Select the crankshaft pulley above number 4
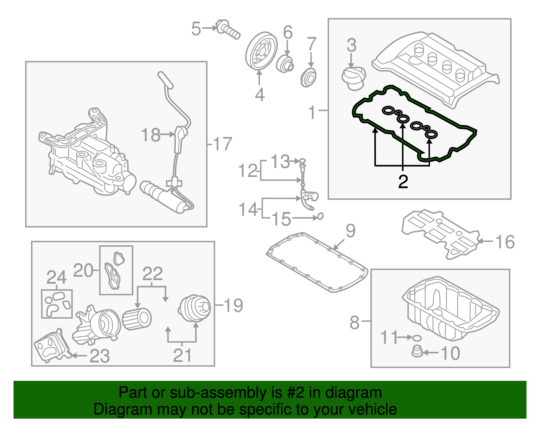[x=261, y=51]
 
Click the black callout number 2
[x=403, y=182]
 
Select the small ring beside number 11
[x=417, y=338]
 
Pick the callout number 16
[x=505, y=242]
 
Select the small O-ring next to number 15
[x=320, y=216]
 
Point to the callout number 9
[x=351, y=231]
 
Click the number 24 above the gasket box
[x=56, y=277]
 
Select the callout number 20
[x=83, y=270]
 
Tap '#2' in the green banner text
[x=296, y=393]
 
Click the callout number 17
[x=222, y=144]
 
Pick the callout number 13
[x=280, y=162]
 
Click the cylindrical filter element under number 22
[x=137, y=319]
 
